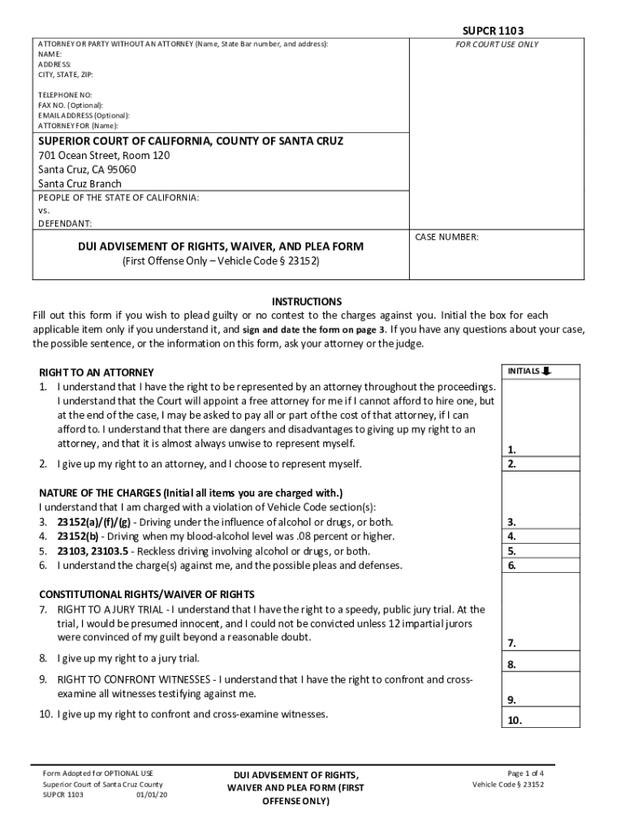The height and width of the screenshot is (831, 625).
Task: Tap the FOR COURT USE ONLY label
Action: coord(498,45)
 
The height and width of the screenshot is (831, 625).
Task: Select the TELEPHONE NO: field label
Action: coord(66,95)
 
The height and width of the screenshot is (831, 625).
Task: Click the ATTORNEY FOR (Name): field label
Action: coord(78,126)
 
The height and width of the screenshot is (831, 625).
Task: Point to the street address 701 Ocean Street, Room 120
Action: coord(104,155)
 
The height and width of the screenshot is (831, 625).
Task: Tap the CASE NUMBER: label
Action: coord(447,237)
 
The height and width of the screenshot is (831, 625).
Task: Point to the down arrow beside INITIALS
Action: coord(546,372)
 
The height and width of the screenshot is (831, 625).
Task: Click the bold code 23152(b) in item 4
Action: coord(80,536)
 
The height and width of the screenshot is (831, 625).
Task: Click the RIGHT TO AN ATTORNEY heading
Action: coord(97,372)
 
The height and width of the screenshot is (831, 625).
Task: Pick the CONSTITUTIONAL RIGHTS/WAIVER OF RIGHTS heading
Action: coord(147,595)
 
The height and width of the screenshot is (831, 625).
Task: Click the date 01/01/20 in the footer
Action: coord(152,795)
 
